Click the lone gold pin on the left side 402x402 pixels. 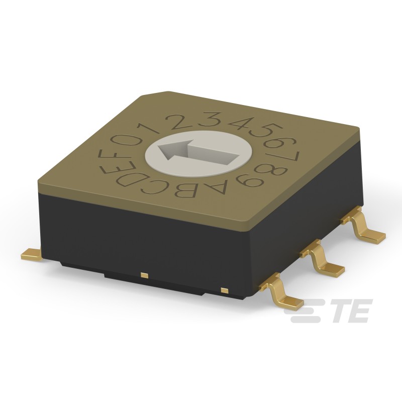31,255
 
